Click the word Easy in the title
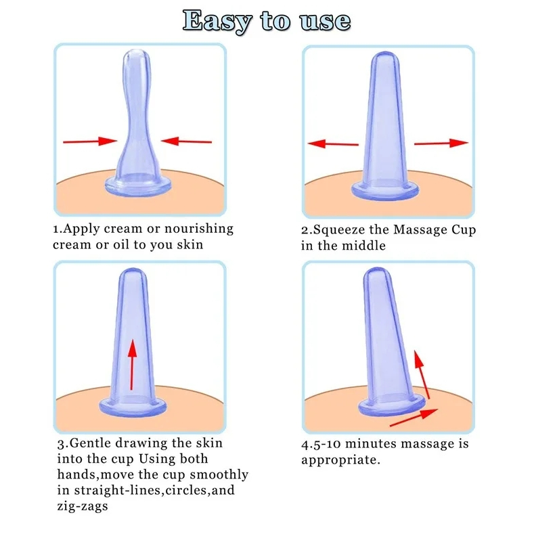click(217, 21)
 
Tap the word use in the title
click(325, 22)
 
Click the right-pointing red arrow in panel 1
click(90, 141)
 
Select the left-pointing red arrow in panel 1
click(186, 141)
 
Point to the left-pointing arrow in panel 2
click(333, 143)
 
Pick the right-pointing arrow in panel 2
click(441, 143)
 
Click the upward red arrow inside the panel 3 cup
click(132, 364)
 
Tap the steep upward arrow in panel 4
click(422, 374)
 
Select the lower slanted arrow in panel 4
click(414, 418)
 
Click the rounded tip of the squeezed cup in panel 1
click(136, 55)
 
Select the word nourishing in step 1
click(199, 229)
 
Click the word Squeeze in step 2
click(338, 230)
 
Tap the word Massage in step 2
click(420, 229)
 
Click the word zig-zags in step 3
click(83, 506)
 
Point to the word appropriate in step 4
click(340, 460)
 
